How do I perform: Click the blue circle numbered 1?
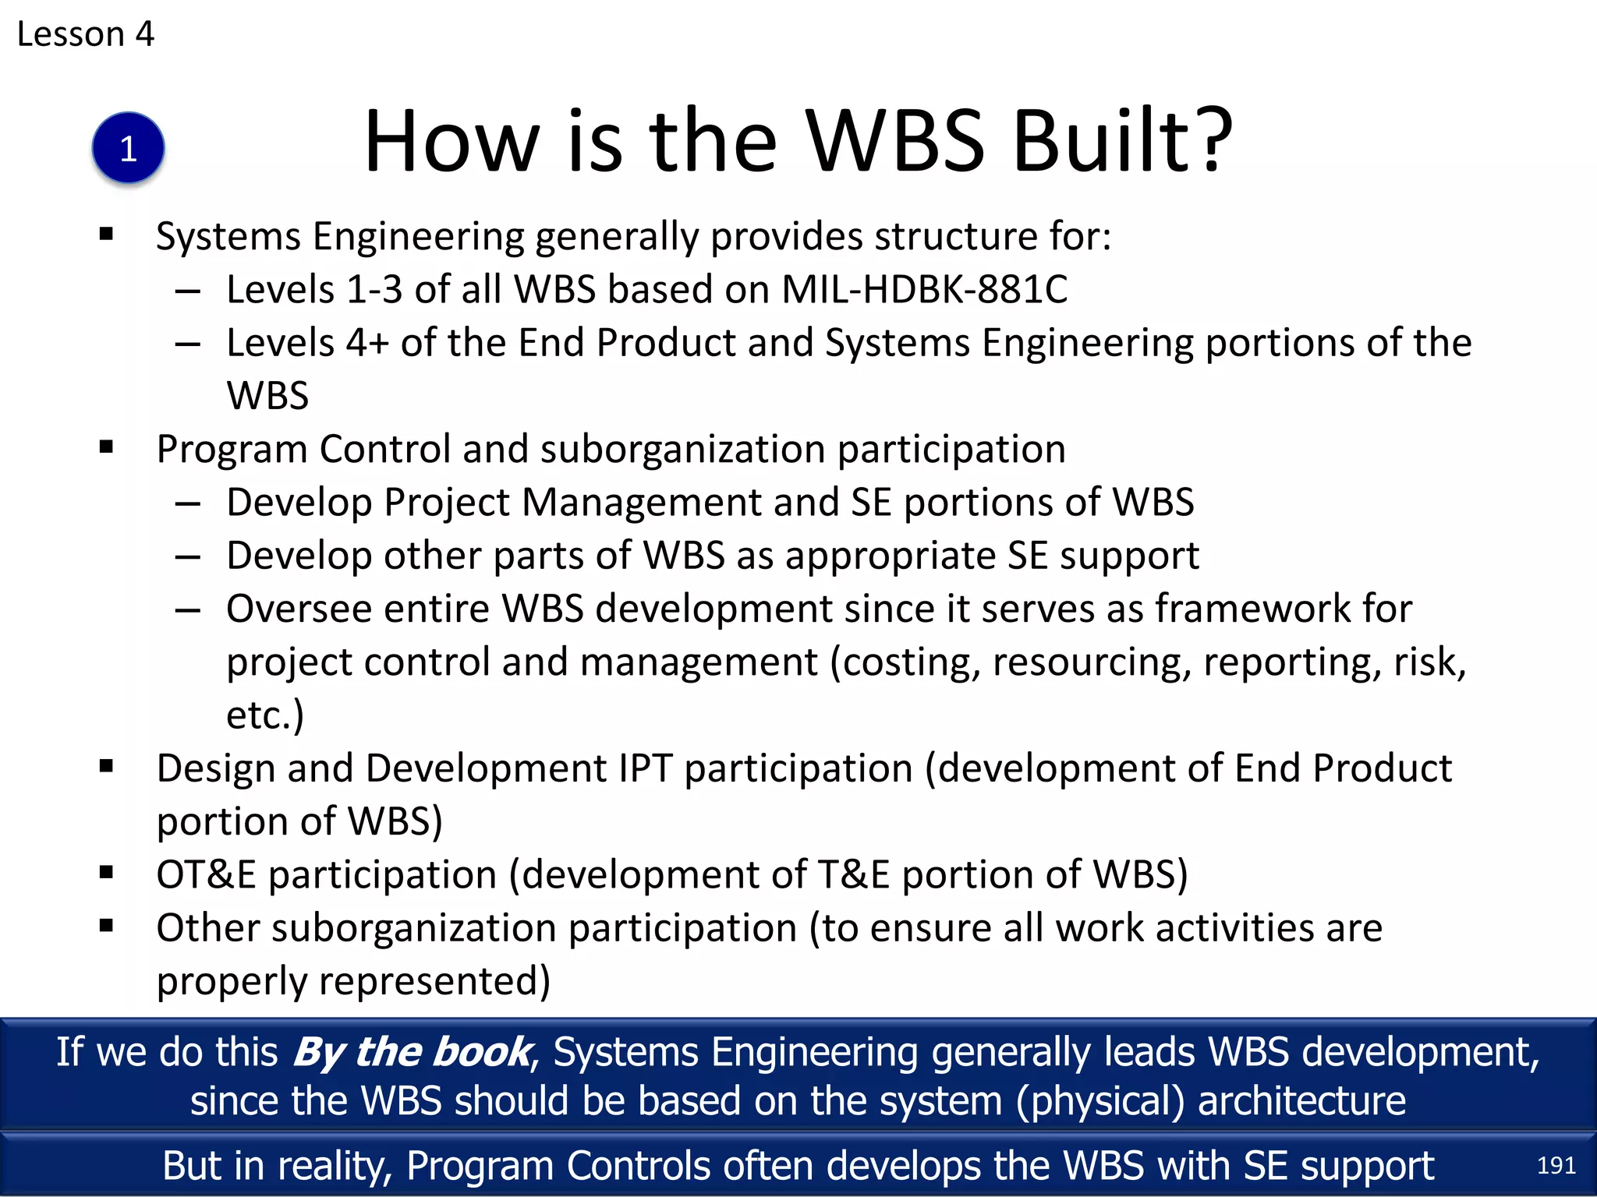coord(128,148)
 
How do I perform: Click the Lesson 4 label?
coord(86,34)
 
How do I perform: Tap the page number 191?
coord(1556,1166)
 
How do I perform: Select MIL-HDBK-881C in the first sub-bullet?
coord(924,290)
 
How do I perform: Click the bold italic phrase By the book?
coord(413,1053)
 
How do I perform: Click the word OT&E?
coord(206,875)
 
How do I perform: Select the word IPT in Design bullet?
coord(645,769)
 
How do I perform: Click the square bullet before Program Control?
coord(107,447)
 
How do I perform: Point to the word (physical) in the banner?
coord(1099,1102)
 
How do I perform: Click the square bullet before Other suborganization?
coord(107,926)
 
